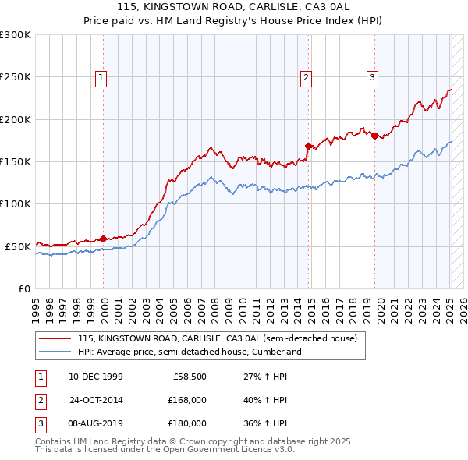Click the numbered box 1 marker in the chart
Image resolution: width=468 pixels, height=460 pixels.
coord(102,77)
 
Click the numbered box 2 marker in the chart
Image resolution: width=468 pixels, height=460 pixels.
coord(307,77)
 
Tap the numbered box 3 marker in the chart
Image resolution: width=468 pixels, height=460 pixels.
coord(373,77)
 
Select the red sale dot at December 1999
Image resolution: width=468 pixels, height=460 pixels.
coord(104,239)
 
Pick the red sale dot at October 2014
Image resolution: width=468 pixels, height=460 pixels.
coord(308,146)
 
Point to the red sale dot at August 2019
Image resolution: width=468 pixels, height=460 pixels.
coord(374,136)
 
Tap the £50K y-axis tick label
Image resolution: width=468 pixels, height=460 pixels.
coord(17,246)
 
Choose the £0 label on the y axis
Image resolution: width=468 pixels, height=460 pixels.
coord(23,288)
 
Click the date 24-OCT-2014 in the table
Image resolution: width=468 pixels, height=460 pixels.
coord(96,400)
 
